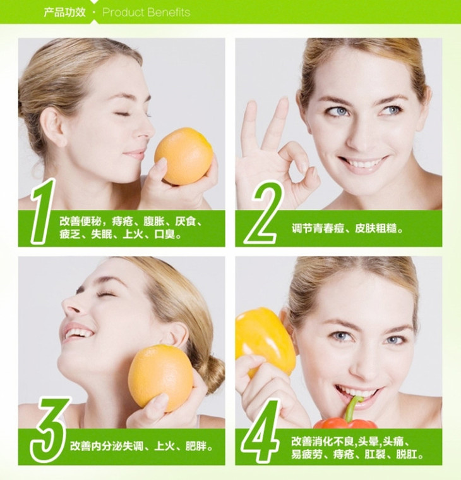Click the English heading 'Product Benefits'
pos(146,13)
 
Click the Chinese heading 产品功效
pos(64,13)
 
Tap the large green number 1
pos(42,212)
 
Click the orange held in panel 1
pos(183,156)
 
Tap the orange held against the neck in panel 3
pos(160,378)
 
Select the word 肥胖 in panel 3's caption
pos(196,446)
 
